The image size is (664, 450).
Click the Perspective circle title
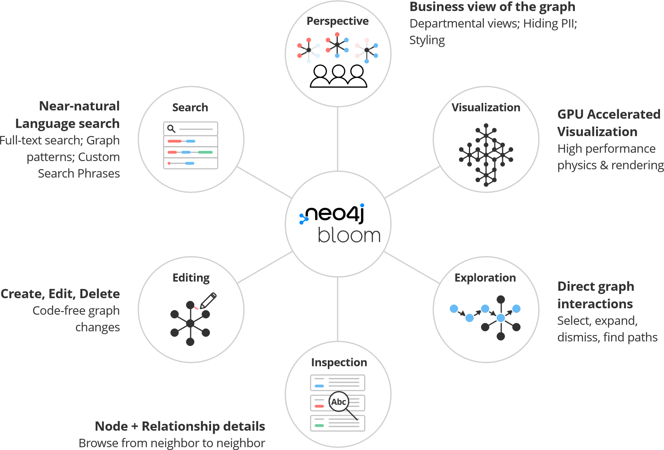click(337, 21)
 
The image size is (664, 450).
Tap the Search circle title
click(190, 108)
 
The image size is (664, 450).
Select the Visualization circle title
click(486, 108)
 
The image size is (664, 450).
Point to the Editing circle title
click(191, 278)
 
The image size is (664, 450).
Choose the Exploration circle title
click(485, 278)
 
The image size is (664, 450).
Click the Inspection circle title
click(339, 362)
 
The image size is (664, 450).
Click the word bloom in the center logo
click(349, 235)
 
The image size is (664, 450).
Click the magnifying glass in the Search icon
click(171, 129)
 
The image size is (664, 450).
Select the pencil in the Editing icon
click(208, 300)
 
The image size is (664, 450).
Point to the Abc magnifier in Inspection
click(339, 402)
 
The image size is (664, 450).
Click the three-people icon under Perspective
click(338, 76)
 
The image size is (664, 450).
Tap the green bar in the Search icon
click(205, 153)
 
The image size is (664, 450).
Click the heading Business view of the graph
click(492, 7)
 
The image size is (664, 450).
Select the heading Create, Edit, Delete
click(60, 294)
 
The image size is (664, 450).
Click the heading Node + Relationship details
click(180, 426)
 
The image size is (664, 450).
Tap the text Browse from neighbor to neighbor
click(172, 443)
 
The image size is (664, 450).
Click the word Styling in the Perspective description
click(427, 40)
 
